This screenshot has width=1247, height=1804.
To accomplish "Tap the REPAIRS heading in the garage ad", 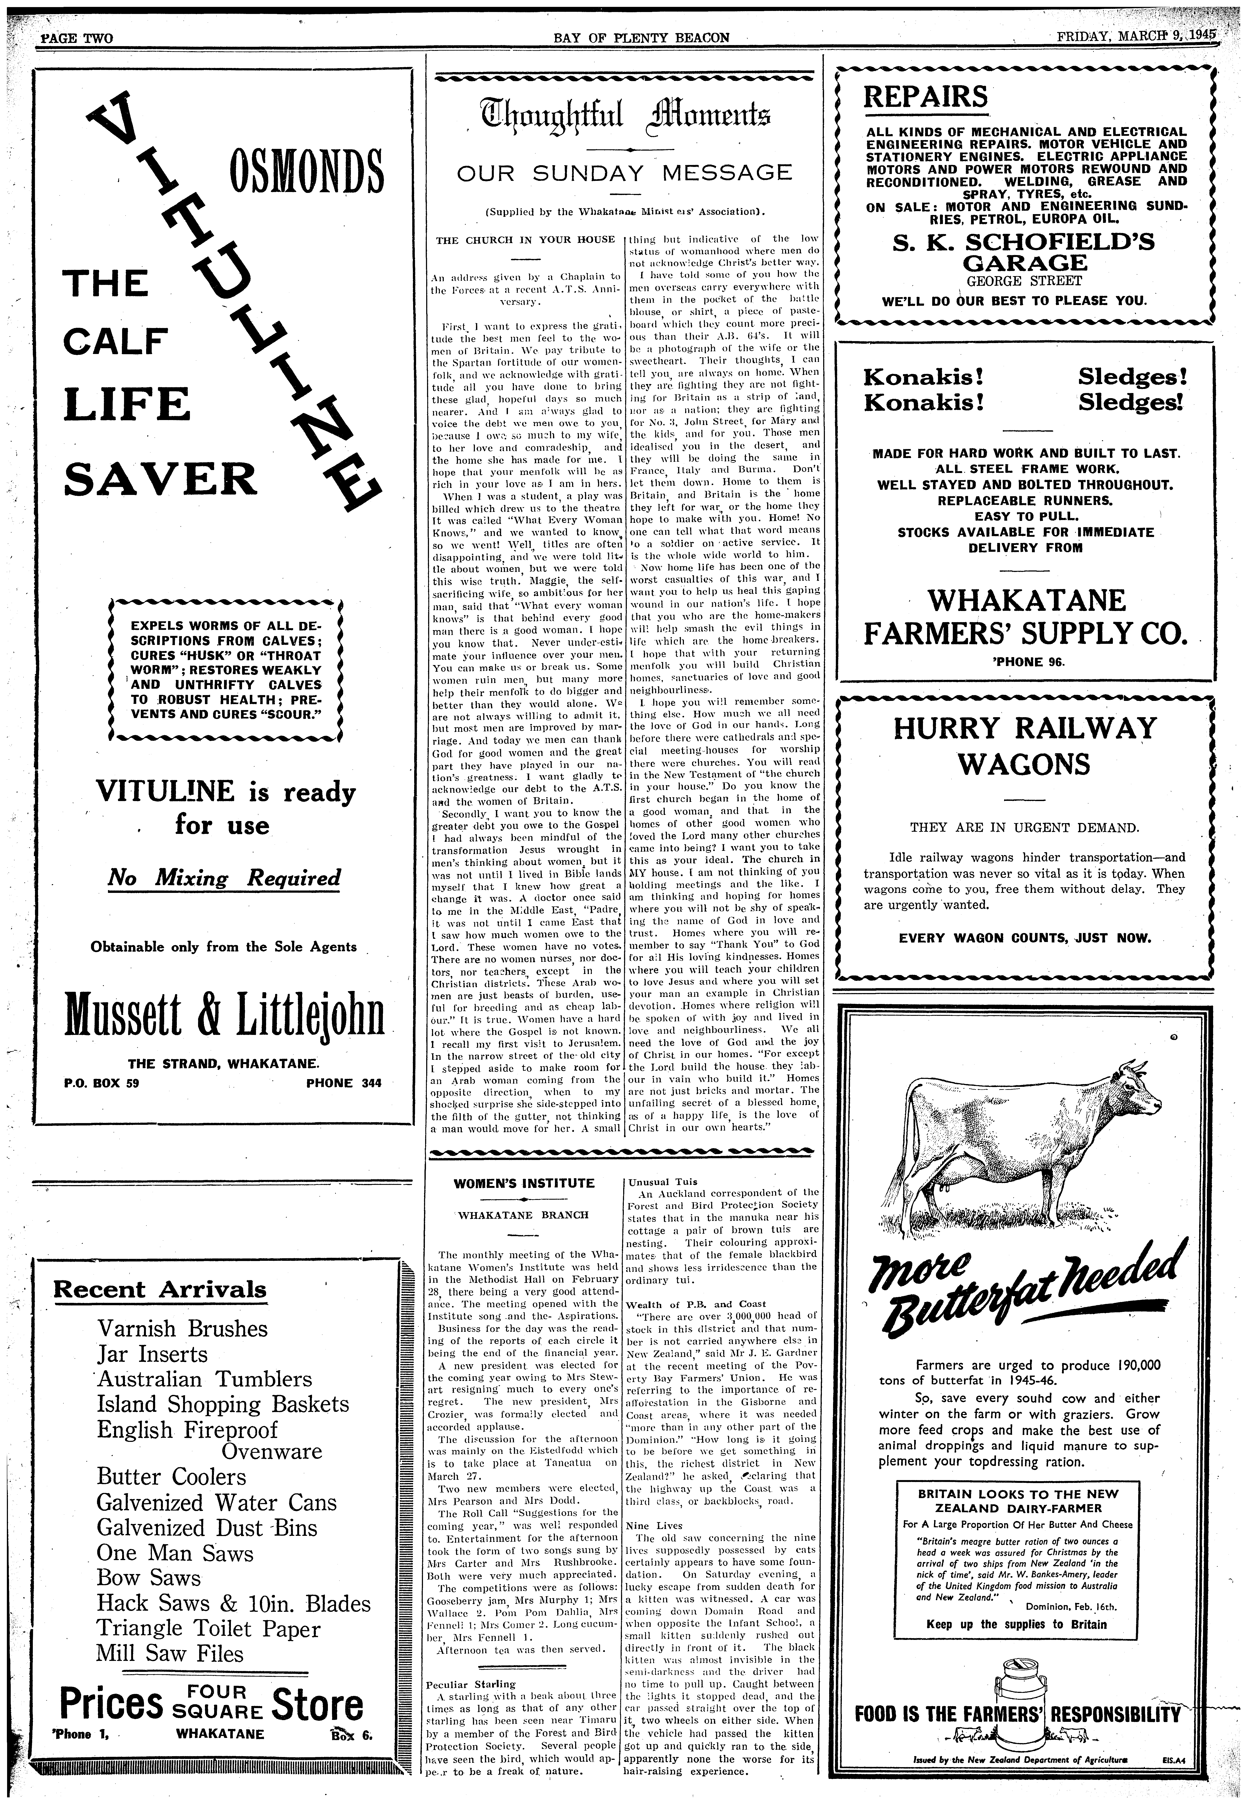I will coord(925,97).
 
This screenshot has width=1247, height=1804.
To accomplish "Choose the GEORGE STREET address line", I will coord(1024,281).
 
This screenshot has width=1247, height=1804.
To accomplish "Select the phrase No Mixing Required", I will coord(224,878).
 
